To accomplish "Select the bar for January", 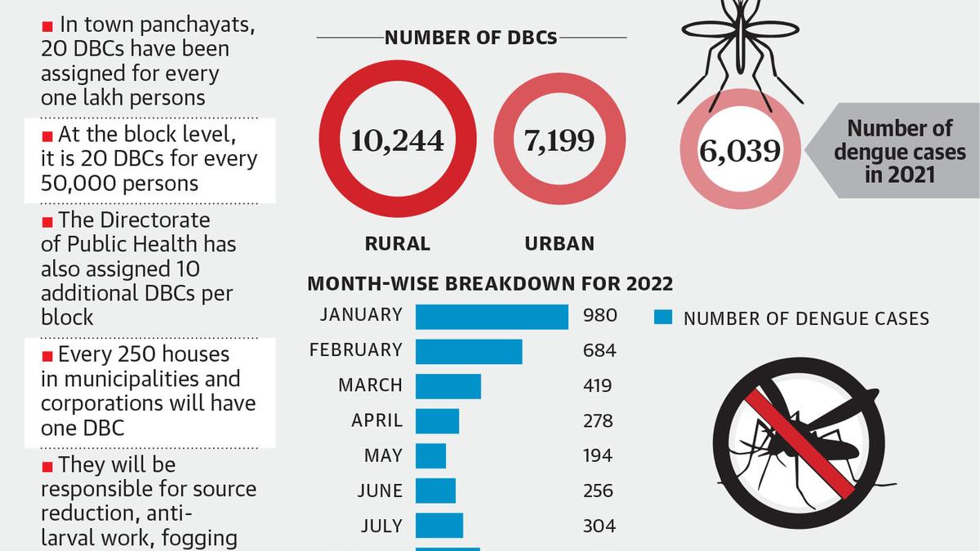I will click(492, 316).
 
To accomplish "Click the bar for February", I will click(469, 351).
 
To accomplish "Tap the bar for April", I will click(437, 421).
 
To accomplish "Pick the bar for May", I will click(430, 455).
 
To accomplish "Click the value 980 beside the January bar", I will click(599, 316).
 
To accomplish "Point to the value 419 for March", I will click(598, 385).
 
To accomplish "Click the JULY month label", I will click(381, 526).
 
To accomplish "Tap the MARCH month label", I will click(370, 385).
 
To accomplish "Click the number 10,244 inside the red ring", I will click(398, 141).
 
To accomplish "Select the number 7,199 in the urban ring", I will click(559, 141).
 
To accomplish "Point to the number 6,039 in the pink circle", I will click(740, 151).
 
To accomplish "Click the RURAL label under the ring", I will click(398, 243).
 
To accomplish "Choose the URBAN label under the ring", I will click(559, 243).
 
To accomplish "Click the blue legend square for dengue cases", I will click(664, 318).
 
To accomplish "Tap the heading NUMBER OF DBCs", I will click(471, 38).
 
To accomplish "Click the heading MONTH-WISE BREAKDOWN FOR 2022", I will click(490, 284).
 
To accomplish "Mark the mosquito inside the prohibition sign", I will click(804, 437).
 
